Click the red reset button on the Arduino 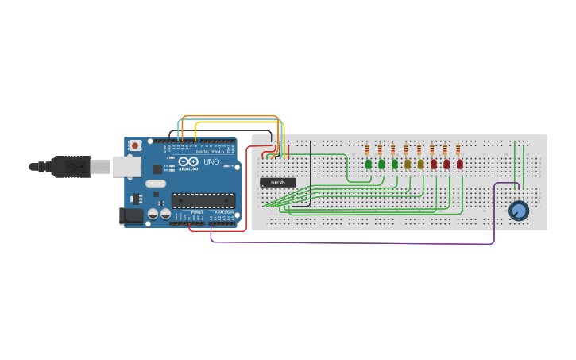coord(136,145)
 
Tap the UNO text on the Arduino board coord(211,161)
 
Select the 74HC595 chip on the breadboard coord(277,182)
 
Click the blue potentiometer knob coord(518,211)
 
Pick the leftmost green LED coord(369,165)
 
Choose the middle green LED coord(381,165)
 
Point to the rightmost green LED coord(394,165)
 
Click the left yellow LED coord(408,165)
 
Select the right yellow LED coord(420,165)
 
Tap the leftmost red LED coord(434,165)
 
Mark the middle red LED coord(446,165)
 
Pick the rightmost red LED coord(459,165)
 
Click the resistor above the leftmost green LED coord(367,150)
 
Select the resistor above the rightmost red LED coord(458,150)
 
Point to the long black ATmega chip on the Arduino coord(203,200)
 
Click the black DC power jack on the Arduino coord(127,215)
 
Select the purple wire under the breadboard coord(350,242)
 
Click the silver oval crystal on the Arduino coord(156,184)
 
